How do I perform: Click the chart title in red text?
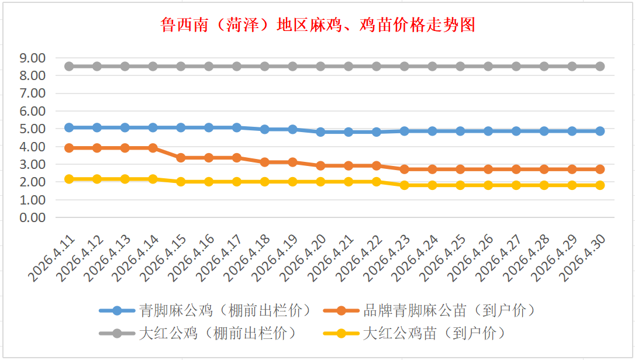coord(317,25)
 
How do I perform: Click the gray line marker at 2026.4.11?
coord(69,67)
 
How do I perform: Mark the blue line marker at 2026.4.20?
coord(320,132)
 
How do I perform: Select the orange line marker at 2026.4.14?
coord(153,148)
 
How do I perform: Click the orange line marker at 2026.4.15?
coord(181,158)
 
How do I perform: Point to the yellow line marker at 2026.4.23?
coord(404,185)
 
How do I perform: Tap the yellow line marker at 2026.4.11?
coord(69,179)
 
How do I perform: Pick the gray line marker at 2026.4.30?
coord(600,67)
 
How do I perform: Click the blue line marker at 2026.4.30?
coord(600,131)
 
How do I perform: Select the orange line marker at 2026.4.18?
coord(264,162)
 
